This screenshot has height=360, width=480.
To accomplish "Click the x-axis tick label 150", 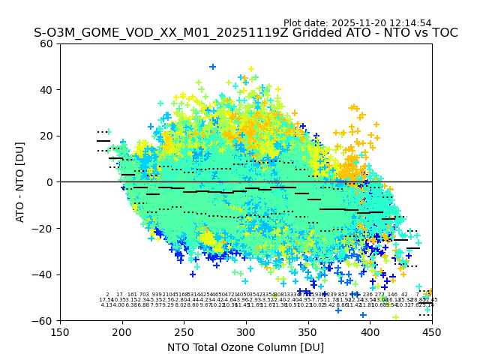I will [x=60, y=331].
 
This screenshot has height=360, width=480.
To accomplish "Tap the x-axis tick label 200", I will [x=122, y=331].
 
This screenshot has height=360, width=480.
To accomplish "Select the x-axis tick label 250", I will [x=184, y=331].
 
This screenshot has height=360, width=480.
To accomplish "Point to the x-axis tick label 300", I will [x=246, y=331].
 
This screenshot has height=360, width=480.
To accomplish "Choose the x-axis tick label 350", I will [x=308, y=331].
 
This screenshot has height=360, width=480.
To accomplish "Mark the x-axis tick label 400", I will [x=370, y=331].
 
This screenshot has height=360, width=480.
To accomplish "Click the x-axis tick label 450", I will [x=432, y=331].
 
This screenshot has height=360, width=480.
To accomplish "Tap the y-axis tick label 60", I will [x=46, y=43].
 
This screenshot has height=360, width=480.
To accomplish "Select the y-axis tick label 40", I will [x=46, y=90].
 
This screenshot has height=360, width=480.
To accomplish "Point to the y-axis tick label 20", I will [x=46, y=136].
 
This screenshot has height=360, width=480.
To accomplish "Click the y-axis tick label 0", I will [x=49, y=182].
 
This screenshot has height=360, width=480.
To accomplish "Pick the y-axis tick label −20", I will [x=43, y=228].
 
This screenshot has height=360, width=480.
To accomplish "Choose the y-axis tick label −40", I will [x=43, y=274].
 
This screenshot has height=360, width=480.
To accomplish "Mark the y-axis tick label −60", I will [x=43, y=320].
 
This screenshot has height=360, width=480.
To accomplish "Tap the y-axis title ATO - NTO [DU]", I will [x=20, y=182].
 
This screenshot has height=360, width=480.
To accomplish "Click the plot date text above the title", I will [x=357, y=23].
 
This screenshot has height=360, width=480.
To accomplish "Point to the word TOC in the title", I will [x=443, y=34].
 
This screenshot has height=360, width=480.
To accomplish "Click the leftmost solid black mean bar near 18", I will [x=103, y=140].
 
